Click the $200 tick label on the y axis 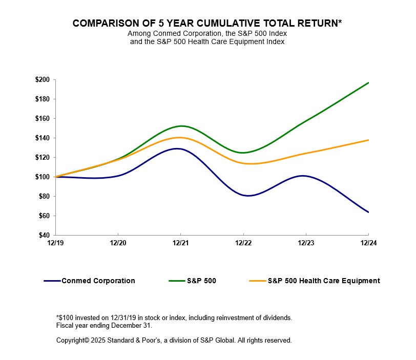pyautogui.click(x=42, y=80)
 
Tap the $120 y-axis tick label pyautogui.click(x=42, y=158)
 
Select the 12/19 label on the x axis pyautogui.click(x=56, y=244)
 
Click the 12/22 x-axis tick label pyautogui.click(x=243, y=244)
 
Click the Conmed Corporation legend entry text pyautogui.click(x=98, y=281)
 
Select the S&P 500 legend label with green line pyautogui.click(x=202, y=281)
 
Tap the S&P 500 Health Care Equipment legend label pyautogui.click(x=324, y=281)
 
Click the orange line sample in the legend pyautogui.click(x=258, y=281)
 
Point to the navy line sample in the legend pyautogui.click(x=52, y=281)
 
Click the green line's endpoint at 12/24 pyautogui.click(x=368, y=82)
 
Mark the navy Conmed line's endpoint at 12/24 pyautogui.click(x=368, y=212)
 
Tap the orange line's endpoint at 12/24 pyautogui.click(x=368, y=140)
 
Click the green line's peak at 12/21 pyautogui.click(x=181, y=126)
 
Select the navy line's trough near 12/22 pyautogui.click(x=248, y=196)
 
